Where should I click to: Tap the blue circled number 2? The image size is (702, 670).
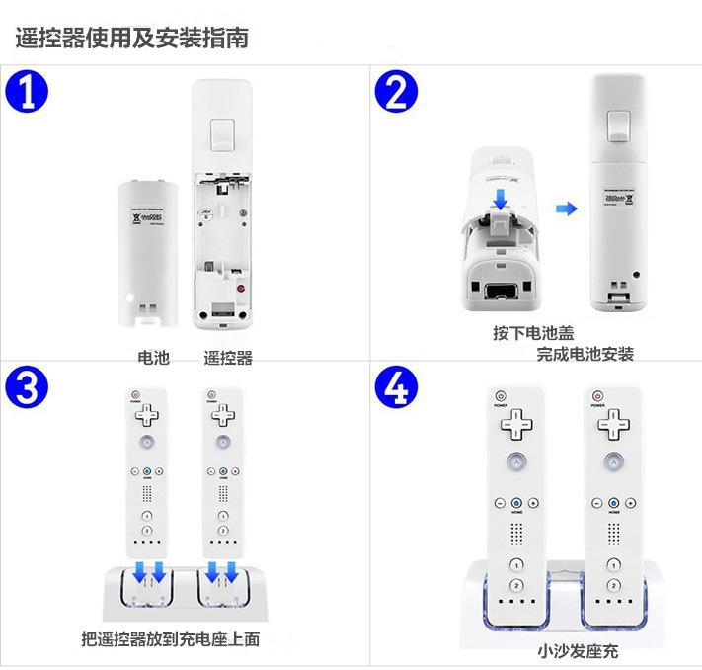396,95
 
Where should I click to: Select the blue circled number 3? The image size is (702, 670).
28,388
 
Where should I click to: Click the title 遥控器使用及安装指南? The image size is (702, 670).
131,39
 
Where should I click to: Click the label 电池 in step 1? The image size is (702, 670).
153,358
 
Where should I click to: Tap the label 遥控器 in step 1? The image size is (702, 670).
228,358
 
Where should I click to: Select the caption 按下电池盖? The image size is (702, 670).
533,333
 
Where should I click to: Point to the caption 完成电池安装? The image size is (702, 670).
585,354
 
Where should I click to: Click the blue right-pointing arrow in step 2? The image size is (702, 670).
565,208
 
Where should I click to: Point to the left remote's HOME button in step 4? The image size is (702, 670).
515,504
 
